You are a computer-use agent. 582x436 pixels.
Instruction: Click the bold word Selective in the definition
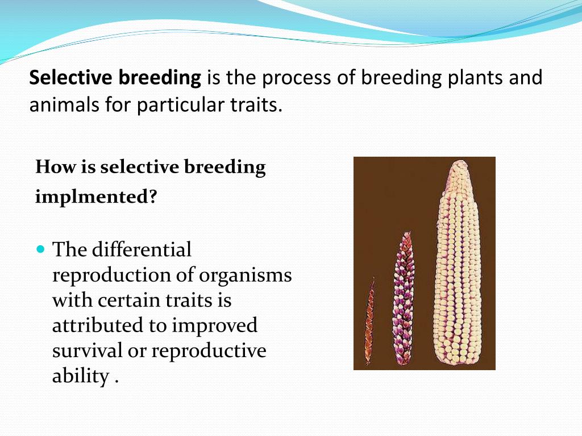pos(70,77)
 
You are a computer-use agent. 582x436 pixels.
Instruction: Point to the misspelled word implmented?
pos(96,196)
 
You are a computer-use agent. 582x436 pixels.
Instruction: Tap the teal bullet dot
pos(41,249)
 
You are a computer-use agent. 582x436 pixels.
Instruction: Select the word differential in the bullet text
pos(142,249)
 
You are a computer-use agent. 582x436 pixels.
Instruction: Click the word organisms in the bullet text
pos(246,276)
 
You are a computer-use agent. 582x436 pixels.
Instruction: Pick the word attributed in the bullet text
pos(98,325)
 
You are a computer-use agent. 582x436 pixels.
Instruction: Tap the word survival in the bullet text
pos(87,351)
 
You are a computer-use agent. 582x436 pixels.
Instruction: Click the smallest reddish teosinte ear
pos(369,321)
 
